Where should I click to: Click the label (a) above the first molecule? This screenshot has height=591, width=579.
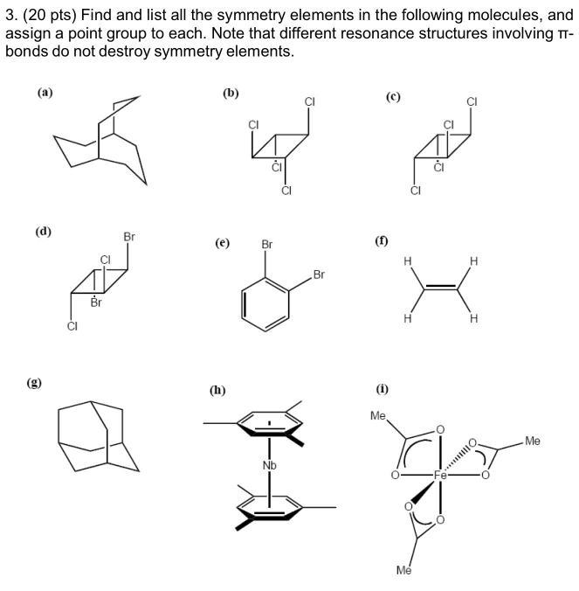(44, 90)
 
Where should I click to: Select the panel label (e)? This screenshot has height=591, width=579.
(223, 244)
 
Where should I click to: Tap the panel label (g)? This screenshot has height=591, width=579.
(36, 382)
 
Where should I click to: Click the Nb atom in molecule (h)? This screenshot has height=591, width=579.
(269, 465)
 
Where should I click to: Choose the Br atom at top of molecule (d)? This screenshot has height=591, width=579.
(129, 237)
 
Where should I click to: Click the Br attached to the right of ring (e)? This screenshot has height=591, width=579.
(319, 275)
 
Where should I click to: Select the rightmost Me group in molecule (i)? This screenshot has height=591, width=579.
(533, 442)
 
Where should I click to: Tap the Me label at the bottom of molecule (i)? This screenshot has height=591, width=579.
(403, 570)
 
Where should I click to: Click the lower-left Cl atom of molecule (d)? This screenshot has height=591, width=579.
(72, 327)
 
